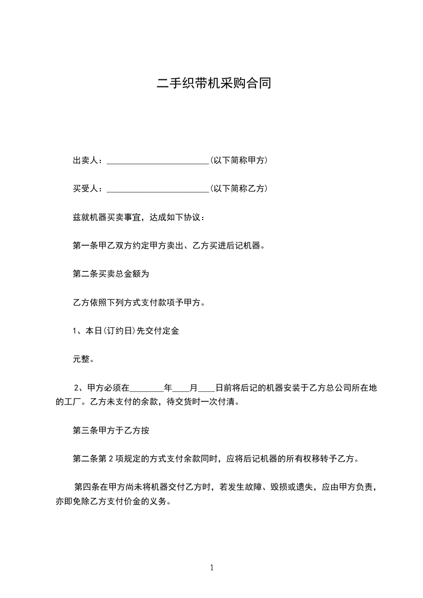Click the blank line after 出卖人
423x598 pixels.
tap(158, 161)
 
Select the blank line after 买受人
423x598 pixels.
tap(158, 189)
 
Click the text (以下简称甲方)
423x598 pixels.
tap(238, 160)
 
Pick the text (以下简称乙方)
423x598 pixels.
tap(238, 189)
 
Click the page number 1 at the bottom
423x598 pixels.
tap(212, 568)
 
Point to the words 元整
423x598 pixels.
tap(83, 359)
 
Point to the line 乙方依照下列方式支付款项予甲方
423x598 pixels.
tap(138, 303)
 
